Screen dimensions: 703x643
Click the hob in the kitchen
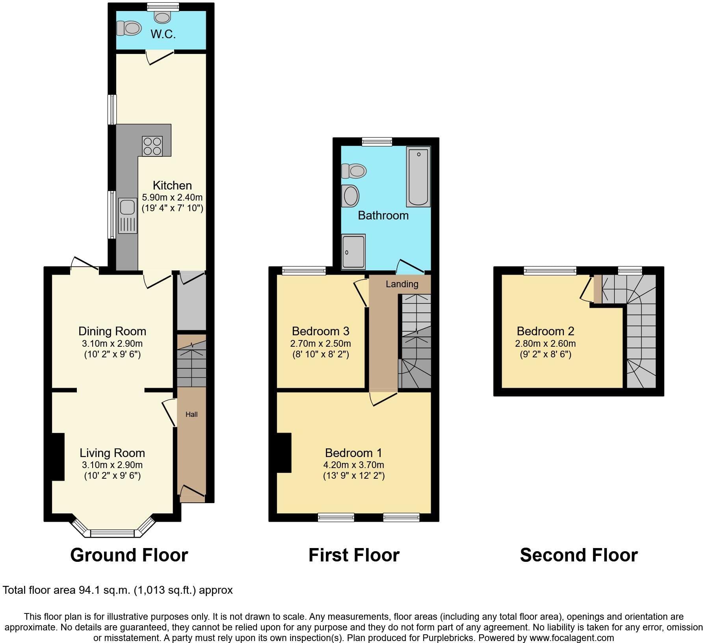click(x=152, y=146)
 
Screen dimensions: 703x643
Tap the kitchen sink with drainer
click(x=127, y=216)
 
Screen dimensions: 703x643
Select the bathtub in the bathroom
click(x=418, y=177)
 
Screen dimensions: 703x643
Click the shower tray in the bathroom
click(x=353, y=252)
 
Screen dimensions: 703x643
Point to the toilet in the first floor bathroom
click(x=354, y=171)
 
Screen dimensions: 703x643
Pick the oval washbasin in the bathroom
click(x=350, y=196)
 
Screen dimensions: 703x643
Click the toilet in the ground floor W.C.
click(x=129, y=28)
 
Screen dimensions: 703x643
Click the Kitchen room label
click(x=172, y=185)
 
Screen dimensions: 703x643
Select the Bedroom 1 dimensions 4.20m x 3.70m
click(x=354, y=465)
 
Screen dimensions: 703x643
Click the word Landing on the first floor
click(x=402, y=284)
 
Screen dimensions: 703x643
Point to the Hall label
click(x=192, y=414)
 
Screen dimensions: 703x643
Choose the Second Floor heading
click(x=579, y=555)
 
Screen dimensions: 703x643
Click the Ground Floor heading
click(x=129, y=555)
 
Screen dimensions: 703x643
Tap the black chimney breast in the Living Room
click(x=58, y=457)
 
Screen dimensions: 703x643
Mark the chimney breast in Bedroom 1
click(x=284, y=453)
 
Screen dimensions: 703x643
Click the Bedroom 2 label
click(x=545, y=331)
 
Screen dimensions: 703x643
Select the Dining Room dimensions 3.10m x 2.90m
click(x=112, y=343)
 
